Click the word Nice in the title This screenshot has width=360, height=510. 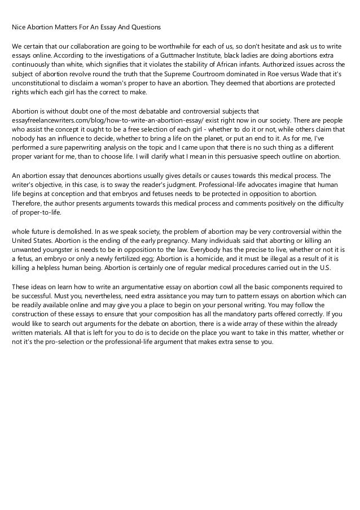point(20,27)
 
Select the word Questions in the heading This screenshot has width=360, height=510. point(144,27)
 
